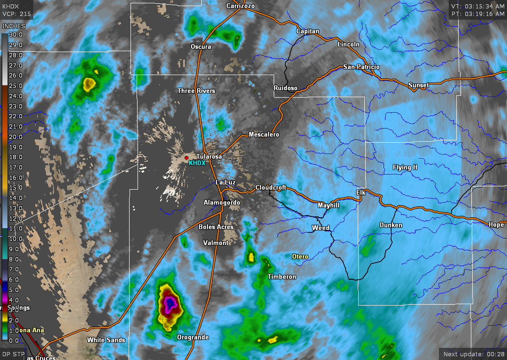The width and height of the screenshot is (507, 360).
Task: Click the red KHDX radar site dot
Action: coord(186,158)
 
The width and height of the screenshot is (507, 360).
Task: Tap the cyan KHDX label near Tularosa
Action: coord(197,163)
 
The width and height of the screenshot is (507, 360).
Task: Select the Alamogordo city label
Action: coord(222,203)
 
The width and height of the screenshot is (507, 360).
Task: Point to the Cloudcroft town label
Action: coord(271,188)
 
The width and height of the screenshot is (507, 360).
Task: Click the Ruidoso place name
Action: coord(285,88)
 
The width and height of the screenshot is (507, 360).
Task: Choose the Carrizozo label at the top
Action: coord(240,6)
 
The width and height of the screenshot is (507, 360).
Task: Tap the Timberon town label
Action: coord(282,277)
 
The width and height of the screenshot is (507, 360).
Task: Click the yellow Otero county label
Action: coord(300,257)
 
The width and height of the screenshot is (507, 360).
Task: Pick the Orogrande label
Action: coord(192,337)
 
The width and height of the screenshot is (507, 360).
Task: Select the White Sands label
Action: coord(106,340)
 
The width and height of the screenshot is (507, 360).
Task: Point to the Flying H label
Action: coord(405,168)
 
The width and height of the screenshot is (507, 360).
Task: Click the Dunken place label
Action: coord(391,225)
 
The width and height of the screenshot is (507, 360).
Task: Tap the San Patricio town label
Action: coord(361,67)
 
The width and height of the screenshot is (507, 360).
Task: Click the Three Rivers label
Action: coord(196,91)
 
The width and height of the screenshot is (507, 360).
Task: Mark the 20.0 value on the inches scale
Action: coord(16,137)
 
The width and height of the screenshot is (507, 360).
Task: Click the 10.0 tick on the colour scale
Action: coord(16,239)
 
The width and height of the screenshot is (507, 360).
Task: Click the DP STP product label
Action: coord(13,354)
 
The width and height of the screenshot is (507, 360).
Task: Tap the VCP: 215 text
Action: coord(16,14)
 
